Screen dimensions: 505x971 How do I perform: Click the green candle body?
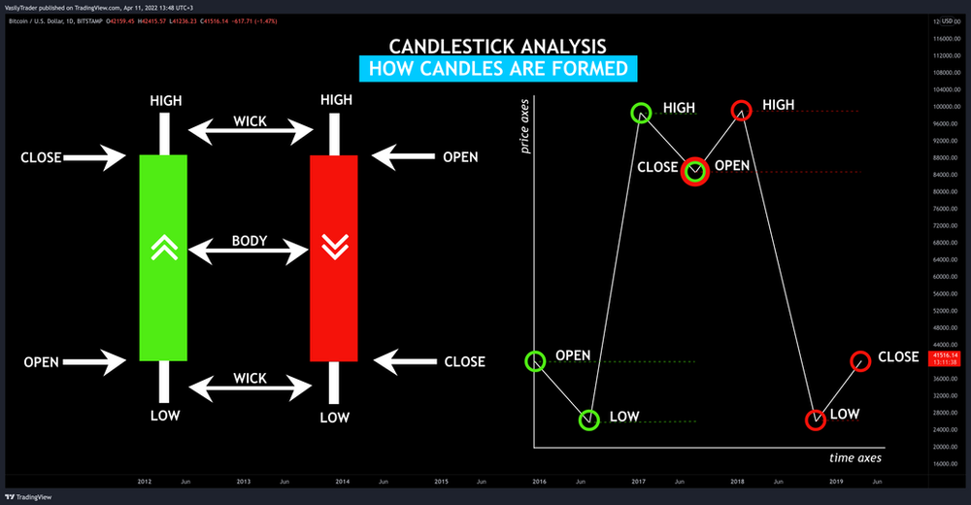tap(163, 291)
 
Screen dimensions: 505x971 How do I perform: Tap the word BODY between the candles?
tap(249, 241)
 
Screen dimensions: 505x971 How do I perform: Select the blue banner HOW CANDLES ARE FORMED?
tap(499, 69)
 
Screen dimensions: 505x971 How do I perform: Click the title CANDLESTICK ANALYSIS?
tap(498, 46)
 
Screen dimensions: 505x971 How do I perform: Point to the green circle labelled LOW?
tap(589, 420)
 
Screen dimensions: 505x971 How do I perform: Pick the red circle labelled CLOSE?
tap(860, 361)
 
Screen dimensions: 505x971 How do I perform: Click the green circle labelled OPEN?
tap(535, 361)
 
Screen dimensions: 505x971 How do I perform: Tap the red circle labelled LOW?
tap(816, 420)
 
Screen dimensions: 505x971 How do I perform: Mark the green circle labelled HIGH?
tap(642, 114)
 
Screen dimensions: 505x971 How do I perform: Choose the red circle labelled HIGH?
tap(741, 111)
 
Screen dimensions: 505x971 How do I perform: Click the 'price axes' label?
tap(525, 125)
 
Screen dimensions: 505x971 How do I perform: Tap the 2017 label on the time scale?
tap(638, 482)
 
